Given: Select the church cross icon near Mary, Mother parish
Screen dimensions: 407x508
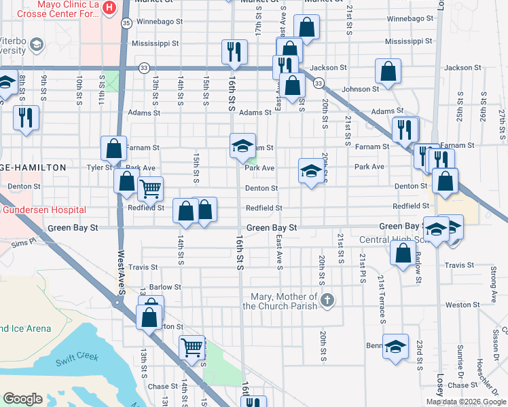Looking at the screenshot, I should click(327, 300).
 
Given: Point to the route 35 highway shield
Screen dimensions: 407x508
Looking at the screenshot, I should click(126, 23).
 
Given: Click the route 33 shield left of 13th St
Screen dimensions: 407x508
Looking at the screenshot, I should click(143, 68).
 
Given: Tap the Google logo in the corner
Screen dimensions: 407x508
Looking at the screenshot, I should click(23, 399).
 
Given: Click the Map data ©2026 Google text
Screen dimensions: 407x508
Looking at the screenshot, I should click(466, 402).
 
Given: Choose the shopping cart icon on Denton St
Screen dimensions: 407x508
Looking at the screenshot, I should click(150, 188).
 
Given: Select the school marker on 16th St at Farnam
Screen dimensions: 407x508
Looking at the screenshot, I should click(242, 145).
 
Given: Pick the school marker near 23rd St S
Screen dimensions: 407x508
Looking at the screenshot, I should click(395, 346).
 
